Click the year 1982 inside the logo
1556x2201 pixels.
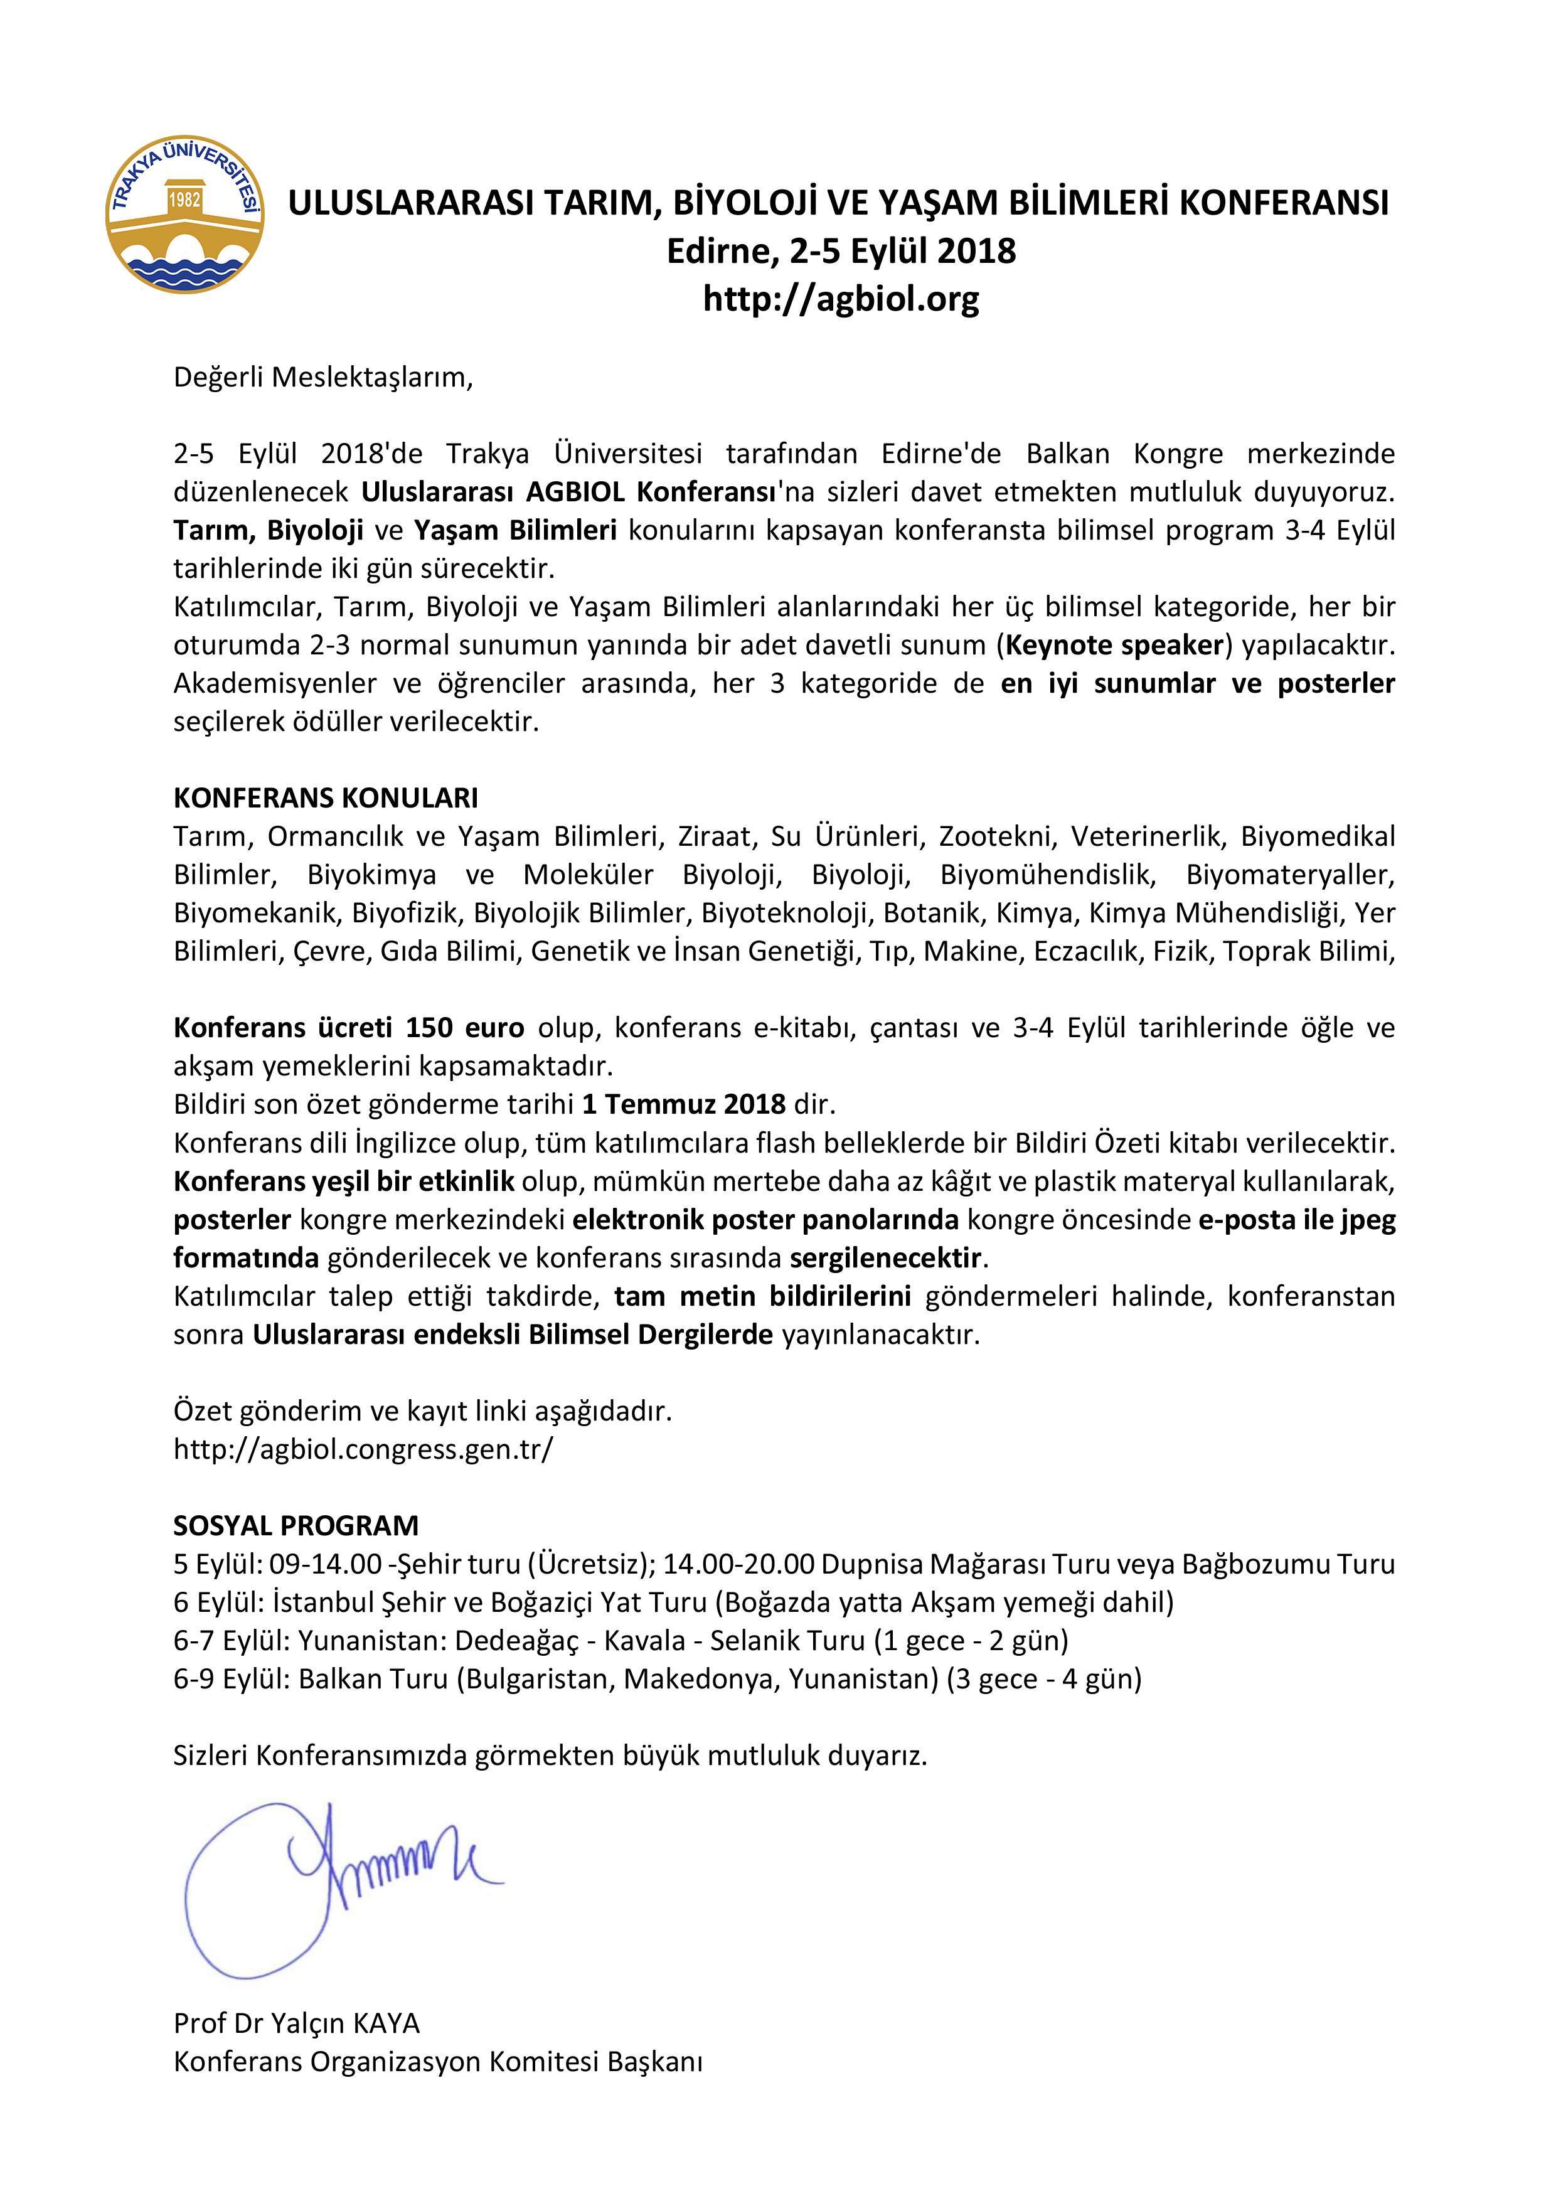click(184, 200)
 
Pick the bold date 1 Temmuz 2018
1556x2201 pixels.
click(683, 1104)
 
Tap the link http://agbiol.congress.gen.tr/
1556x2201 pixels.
click(363, 1449)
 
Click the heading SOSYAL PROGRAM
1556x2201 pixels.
click(296, 1525)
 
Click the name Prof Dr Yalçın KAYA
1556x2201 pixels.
click(296, 2023)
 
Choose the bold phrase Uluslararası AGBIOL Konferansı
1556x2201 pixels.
click(568, 492)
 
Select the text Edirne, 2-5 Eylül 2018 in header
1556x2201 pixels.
click(840, 251)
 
